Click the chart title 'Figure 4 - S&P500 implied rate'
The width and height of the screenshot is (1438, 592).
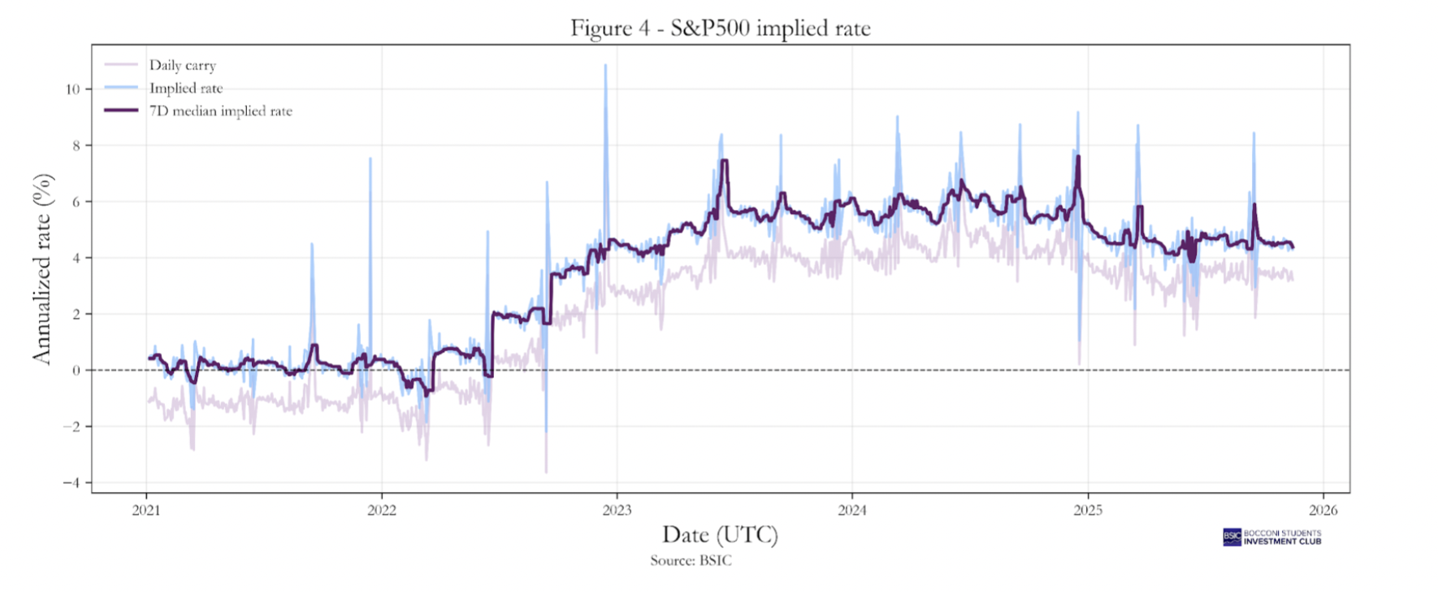click(720, 28)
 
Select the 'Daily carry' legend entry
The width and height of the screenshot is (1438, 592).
click(182, 65)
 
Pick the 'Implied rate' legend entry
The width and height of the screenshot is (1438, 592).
click(185, 88)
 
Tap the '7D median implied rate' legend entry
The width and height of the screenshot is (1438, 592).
click(220, 111)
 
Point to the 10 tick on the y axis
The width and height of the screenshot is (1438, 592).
click(73, 89)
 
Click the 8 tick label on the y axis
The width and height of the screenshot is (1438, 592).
click(76, 146)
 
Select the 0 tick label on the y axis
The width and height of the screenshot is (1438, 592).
click(76, 370)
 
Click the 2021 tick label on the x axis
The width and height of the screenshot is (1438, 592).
click(146, 511)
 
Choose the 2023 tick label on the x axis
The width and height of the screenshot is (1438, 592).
click(617, 511)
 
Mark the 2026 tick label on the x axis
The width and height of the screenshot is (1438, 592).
click(1323, 511)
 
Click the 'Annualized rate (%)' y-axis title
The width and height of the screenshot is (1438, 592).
click(42, 268)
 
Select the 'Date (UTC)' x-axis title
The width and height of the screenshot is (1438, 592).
click(720, 534)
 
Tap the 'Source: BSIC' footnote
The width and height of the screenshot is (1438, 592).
click(691, 560)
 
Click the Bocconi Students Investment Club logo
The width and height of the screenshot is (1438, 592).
click(1272, 537)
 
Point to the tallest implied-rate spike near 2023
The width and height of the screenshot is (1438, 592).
click(605, 66)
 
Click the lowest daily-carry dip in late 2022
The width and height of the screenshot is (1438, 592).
click(546, 472)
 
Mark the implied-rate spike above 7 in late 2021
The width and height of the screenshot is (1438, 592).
click(370, 159)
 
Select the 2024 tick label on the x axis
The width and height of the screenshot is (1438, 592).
click(852, 511)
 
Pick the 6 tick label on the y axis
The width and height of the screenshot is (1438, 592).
click(76, 202)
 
